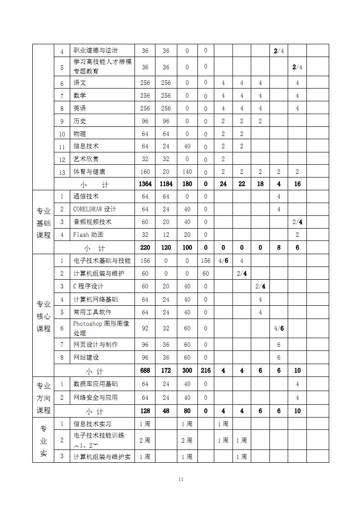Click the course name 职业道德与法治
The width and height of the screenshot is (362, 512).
tap(95, 50)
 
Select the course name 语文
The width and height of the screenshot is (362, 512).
tap(80, 83)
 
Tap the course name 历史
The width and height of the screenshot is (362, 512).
tap(80, 121)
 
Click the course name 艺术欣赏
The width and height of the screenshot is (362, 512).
tap(86, 159)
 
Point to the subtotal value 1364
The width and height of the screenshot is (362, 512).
tap(145, 184)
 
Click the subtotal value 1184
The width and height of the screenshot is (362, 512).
tap(166, 184)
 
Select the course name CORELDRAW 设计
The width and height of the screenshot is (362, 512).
tap(95, 209)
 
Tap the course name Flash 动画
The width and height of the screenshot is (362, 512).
tap(88, 235)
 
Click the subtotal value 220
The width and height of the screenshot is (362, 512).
tap(145, 248)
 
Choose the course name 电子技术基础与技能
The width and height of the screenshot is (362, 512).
tap(102, 261)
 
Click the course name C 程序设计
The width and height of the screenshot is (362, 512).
tap(88, 286)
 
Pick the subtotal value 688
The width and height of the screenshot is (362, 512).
tap(145, 371)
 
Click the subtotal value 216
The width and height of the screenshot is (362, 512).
tap(206, 371)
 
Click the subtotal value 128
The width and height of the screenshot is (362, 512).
tap(145, 411)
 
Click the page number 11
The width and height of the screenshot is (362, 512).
tap(181, 479)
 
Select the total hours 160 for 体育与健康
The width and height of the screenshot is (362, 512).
tap(145, 172)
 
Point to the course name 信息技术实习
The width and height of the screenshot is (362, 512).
tap(93, 424)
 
